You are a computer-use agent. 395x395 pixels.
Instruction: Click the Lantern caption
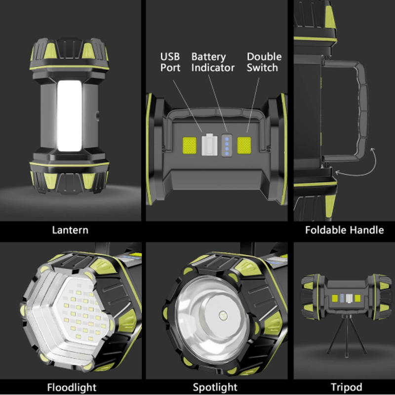point(70,230)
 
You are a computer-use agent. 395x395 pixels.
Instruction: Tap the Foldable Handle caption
point(344,230)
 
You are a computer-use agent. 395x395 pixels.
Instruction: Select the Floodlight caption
point(72,387)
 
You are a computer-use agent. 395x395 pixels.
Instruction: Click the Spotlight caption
point(215,387)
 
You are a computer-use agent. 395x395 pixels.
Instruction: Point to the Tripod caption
point(347,387)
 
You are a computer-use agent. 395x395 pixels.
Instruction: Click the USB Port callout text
point(170,62)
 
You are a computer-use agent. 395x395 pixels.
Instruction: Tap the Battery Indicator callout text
point(213,62)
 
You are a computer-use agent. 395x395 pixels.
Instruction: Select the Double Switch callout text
point(264,62)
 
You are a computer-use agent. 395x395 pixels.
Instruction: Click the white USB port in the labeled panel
point(209,145)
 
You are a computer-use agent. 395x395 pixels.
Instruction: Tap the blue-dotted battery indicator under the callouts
point(227,146)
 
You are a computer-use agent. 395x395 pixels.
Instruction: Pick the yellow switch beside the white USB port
point(190,145)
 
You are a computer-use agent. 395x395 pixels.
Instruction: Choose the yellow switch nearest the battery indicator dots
point(244,145)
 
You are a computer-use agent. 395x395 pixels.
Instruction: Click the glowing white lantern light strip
point(69,116)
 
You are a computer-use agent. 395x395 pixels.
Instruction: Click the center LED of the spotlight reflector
point(223,315)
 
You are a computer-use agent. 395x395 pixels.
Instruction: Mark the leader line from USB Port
point(187,106)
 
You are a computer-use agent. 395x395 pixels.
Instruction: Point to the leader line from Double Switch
point(253,105)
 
